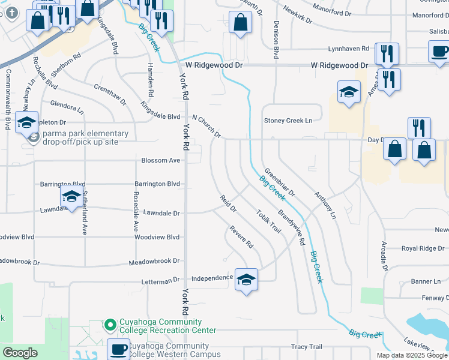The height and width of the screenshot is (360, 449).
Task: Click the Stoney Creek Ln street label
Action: click(289, 121)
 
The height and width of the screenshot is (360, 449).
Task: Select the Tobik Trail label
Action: click(268, 221)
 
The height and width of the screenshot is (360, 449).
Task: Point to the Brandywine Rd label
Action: click(292, 229)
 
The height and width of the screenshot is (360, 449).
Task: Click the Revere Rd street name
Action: click(242, 238)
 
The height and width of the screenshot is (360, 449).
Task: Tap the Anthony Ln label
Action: click(325, 204)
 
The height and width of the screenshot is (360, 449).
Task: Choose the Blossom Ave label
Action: click(161, 161)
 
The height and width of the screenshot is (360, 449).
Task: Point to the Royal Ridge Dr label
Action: click(423, 248)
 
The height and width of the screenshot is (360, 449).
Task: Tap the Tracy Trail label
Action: click(307, 347)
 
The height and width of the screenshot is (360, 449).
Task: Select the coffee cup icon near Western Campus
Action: click(118, 349)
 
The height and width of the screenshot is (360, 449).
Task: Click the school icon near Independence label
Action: click(246, 280)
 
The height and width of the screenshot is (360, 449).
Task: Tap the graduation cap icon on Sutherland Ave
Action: click(71, 196)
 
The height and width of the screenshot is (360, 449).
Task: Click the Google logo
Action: click(20, 353)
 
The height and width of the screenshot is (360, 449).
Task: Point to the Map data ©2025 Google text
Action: click(412, 355)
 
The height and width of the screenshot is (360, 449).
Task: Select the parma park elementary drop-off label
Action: click(85, 137)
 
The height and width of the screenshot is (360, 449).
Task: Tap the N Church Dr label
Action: click(206, 126)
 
